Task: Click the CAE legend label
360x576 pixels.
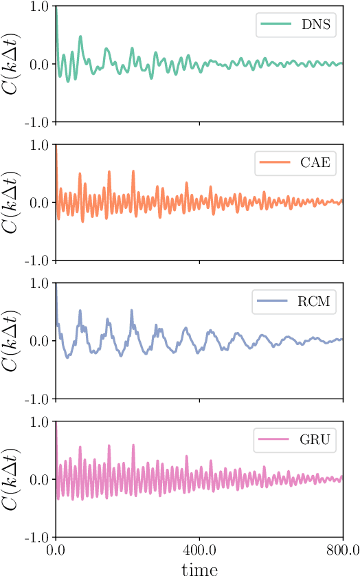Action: pos(316,164)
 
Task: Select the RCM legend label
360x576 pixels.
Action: pos(315,302)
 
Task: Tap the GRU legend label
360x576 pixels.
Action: pos(316,440)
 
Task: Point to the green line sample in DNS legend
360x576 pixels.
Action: pos(275,25)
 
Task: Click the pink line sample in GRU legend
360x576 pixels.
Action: pos(273,440)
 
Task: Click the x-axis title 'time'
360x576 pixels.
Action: pos(199,568)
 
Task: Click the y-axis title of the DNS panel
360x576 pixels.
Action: pos(14,64)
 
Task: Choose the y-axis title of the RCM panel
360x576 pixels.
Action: pos(14,340)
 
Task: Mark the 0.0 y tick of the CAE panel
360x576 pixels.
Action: pos(38,202)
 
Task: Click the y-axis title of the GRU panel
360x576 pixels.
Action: pos(14,478)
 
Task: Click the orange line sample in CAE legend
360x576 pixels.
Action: pos(273,164)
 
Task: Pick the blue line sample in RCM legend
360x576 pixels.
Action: pos(273,302)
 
